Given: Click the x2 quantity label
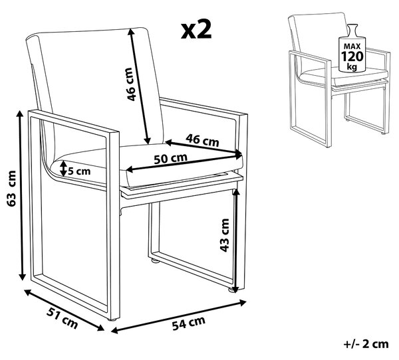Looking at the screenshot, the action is click(x=196, y=30).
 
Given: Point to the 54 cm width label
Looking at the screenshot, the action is click(x=189, y=323).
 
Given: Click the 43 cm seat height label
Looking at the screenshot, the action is click(x=225, y=235).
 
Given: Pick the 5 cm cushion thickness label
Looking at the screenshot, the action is click(x=79, y=171).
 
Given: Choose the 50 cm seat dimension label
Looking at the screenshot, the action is click(x=170, y=159).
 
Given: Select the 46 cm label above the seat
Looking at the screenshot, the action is click(x=202, y=140).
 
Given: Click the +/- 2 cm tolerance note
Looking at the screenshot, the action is click(x=366, y=344).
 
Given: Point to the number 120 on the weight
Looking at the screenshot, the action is click(x=352, y=56).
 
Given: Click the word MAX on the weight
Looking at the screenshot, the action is click(x=352, y=46).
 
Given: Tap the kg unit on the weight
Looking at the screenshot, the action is click(x=352, y=66).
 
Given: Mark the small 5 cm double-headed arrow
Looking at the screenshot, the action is click(x=63, y=168).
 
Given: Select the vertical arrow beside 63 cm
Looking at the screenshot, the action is click(x=21, y=195).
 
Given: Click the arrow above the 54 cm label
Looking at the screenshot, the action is click(x=179, y=317).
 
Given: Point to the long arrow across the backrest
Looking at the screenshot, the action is click(x=139, y=86).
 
